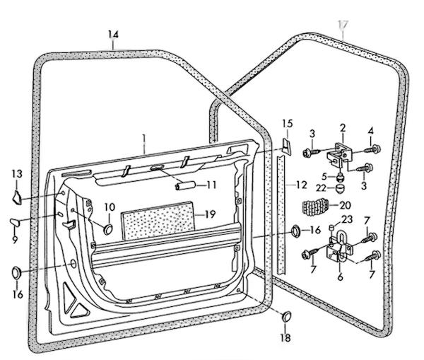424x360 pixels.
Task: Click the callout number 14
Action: coord(113,35)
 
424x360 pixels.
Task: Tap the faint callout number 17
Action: coord(343,24)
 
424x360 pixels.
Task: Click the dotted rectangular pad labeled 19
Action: coord(158,221)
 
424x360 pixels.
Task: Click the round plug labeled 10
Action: coord(108,230)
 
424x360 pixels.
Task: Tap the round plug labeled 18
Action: coord(287,317)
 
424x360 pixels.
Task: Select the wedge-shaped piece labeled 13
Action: coord(17,197)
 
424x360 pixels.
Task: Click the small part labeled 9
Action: coord(15,222)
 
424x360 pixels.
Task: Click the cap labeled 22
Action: coord(340,188)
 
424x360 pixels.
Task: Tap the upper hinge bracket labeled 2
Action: coord(338,154)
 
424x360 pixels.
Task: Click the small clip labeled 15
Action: coord(287,146)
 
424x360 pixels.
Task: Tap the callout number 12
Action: coord(301,185)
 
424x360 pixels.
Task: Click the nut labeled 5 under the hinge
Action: coord(340,177)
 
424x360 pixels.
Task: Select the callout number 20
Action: coord(345,205)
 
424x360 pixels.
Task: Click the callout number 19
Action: coord(210,214)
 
